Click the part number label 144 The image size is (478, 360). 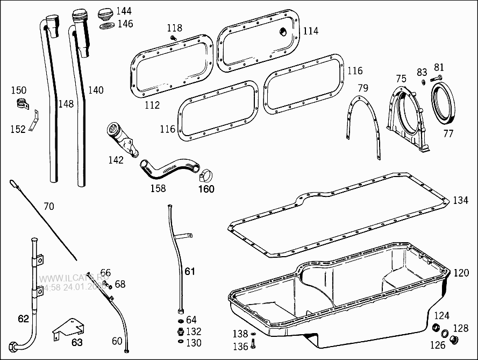(x=124, y=11)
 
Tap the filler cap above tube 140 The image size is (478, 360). (x=106, y=12)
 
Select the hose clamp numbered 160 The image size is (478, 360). (x=206, y=175)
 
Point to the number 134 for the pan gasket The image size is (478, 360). (x=460, y=200)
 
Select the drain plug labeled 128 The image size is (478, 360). (x=454, y=340)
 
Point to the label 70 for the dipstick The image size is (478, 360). (x=49, y=206)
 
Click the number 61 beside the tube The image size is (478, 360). (x=190, y=271)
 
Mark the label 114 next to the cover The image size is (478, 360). (x=310, y=31)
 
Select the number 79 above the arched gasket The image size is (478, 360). (x=363, y=88)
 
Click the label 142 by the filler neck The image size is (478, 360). (x=116, y=160)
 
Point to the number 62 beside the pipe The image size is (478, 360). (x=23, y=319)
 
